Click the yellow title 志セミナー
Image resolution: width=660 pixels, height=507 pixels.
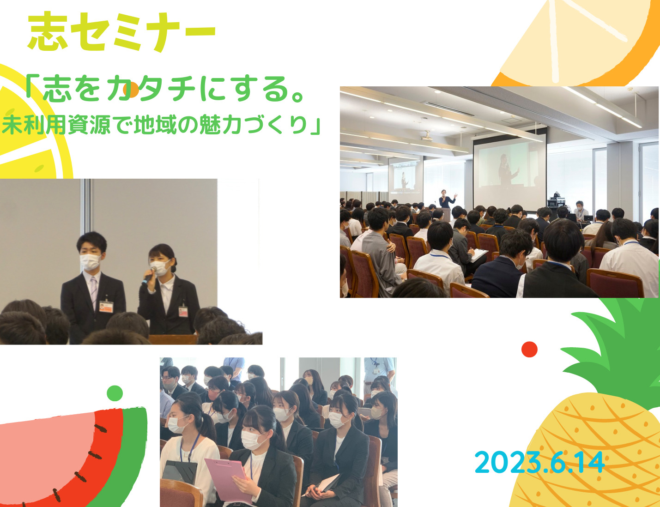tap(121, 31)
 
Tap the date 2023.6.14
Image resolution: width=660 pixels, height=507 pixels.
tap(540, 462)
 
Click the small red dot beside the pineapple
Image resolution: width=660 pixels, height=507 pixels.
tap(529, 350)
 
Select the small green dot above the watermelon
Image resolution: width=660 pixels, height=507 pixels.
tap(115, 393)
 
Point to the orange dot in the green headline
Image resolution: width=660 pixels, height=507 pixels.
tap(131, 91)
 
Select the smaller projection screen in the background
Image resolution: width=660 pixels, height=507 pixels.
tap(406, 177)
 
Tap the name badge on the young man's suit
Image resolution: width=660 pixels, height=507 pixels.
tap(106, 307)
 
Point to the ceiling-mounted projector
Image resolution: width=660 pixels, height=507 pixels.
tap(426, 136)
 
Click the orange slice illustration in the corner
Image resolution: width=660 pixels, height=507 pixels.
tap(577, 42)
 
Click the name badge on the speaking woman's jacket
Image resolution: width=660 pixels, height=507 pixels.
tap(183, 312)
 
